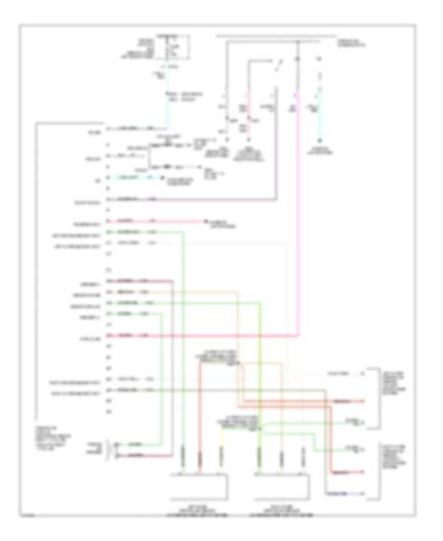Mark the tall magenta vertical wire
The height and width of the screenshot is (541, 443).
[x=297, y=215]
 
